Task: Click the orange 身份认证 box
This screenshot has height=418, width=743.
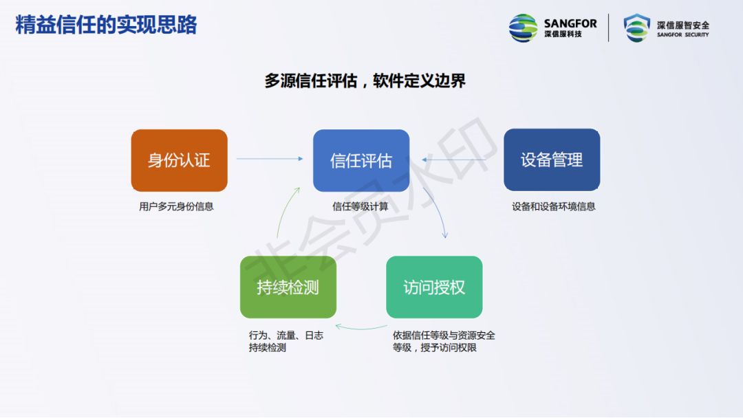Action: click(179, 160)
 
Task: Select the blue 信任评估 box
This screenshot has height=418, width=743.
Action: click(361, 160)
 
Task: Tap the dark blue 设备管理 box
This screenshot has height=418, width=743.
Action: click(552, 160)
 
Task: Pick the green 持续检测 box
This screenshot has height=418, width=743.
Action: click(288, 287)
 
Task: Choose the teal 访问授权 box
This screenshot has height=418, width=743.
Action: click(434, 287)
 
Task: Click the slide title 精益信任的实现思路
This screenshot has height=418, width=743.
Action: click(106, 25)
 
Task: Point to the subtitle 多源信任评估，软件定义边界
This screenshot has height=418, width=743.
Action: click(365, 80)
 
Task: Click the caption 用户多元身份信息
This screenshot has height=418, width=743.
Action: click(176, 206)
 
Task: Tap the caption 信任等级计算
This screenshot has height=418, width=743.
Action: click(360, 206)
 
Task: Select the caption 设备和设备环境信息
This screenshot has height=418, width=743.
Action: click(554, 206)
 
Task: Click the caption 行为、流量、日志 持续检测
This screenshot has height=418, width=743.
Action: click(286, 342)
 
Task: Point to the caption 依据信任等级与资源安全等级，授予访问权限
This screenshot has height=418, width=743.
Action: click(444, 342)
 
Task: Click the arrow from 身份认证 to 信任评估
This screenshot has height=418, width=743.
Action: click(270, 159)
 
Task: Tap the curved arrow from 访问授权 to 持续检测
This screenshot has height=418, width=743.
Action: click(360, 327)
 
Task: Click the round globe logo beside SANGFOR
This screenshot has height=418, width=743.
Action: click(524, 27)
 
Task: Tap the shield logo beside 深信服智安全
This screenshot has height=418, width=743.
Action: click(636, 27)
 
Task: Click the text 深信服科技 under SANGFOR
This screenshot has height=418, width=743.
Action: click(563, 34)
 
